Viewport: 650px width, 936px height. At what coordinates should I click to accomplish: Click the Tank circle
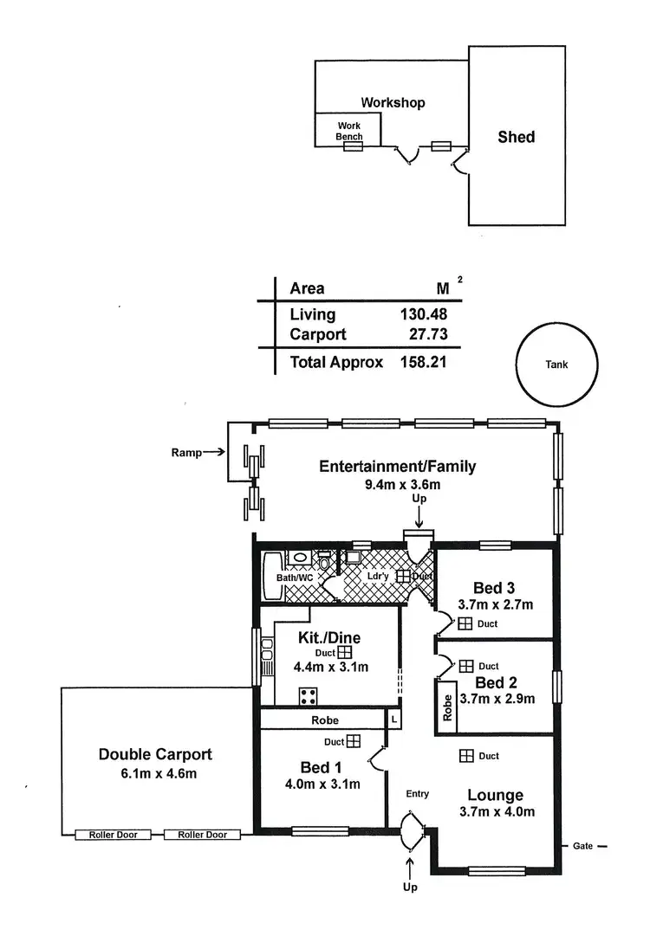click(x=556, y=365)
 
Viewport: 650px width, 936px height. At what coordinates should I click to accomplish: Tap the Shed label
click(x=516, y=137)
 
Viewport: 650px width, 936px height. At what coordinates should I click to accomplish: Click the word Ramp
click(x=185, y=452)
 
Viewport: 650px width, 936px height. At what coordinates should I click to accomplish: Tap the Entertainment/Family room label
click(x=398, y=467)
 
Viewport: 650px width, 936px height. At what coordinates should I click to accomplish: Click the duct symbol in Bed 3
click(x=465, y=623)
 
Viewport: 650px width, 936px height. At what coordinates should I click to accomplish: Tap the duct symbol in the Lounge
click(x=465, y=756)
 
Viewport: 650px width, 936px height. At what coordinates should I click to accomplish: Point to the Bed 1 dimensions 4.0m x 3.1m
click(x=322, y=784)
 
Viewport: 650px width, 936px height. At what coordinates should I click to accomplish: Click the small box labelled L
click(x=394, y=720)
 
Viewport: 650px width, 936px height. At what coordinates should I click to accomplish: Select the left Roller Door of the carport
click(x=113, y=835)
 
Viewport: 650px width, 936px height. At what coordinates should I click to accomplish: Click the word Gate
click(x=582, y=846)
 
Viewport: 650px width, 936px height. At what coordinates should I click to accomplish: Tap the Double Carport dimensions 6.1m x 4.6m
click(x=154, y=773)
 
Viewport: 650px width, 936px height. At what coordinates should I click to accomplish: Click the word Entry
click(x=418, y=793)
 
